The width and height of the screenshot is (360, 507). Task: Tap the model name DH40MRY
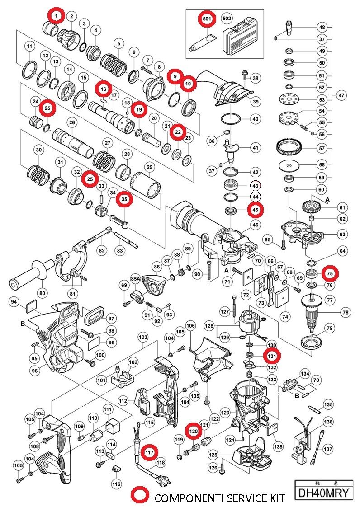tap(324, 493)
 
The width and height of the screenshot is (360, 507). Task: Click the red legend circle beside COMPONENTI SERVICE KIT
tap(140, 495)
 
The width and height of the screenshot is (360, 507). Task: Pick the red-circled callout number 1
tap(56, 16)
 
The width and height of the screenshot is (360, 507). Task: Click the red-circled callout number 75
tap(330, 273)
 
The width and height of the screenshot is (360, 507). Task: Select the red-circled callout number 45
tap(256, 210)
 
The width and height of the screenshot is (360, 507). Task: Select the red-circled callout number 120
tap(194, 432)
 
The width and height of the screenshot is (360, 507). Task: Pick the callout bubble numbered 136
tap(328, 422)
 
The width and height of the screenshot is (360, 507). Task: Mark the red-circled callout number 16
tap(103, 89)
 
